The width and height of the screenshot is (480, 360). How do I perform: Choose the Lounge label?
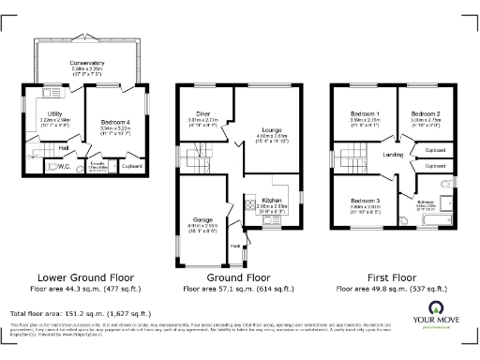click(x=272, y=131)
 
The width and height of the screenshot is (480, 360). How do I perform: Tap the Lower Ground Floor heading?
click(x=84, y=278)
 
